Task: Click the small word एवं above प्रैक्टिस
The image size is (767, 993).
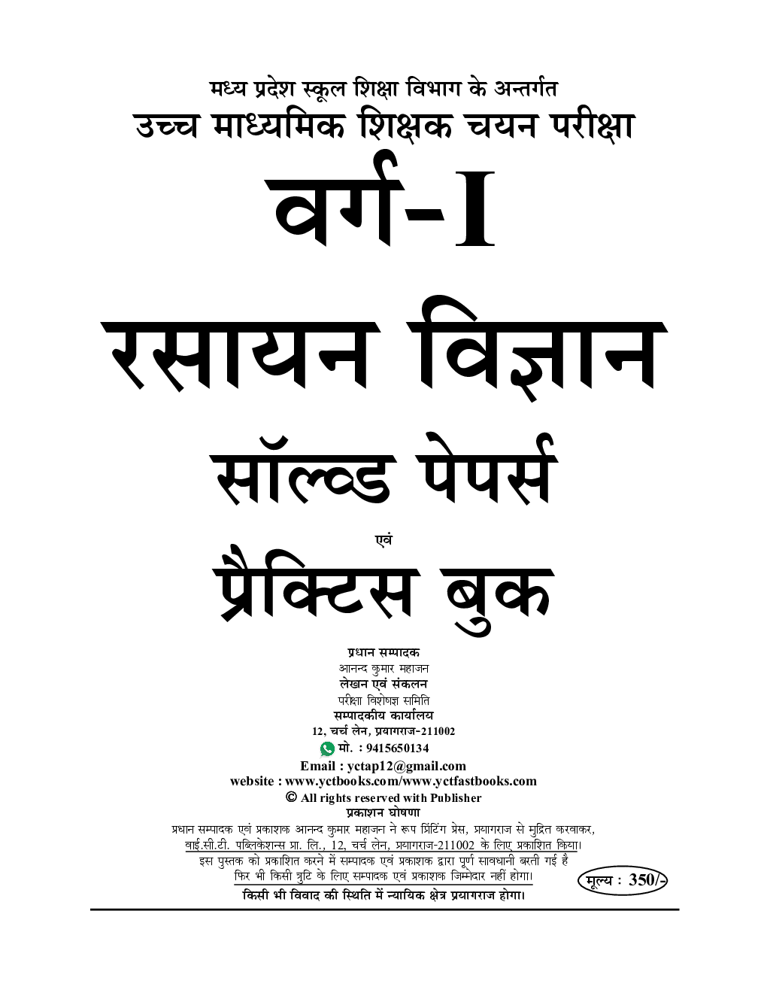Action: pos(383,539)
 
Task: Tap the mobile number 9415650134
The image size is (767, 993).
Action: pos(398,749)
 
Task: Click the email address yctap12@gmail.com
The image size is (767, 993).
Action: pos(407,767)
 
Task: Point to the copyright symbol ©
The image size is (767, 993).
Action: pos(291,797)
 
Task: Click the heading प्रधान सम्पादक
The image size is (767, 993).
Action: pos(383,652)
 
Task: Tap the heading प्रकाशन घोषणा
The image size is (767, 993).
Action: pos(383,813)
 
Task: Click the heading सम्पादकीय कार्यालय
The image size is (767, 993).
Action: pos(383,715)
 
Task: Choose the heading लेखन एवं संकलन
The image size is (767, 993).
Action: pos(383,684)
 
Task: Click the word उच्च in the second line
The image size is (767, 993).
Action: pos(167,126)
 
